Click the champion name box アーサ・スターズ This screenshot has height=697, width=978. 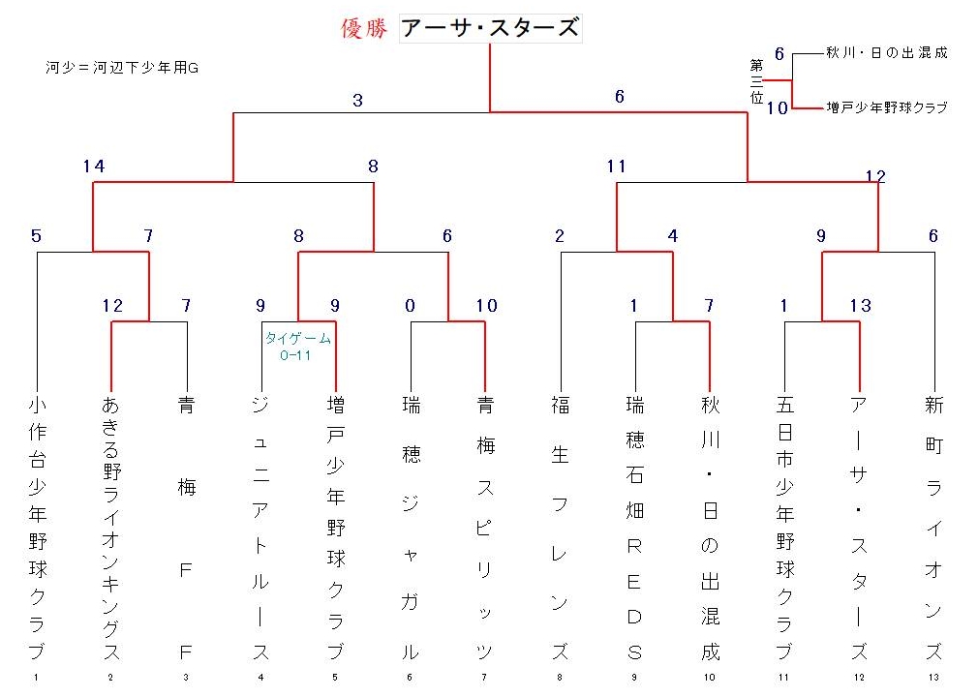490,29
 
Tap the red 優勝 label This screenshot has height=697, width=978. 364,28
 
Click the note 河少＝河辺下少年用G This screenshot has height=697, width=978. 122,68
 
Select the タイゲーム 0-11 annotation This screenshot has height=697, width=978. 297,347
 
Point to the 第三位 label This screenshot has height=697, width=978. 756,81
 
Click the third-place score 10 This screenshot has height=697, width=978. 778,108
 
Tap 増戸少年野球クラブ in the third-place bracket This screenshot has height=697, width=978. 886,107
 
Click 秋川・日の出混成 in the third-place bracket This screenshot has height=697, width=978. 886,53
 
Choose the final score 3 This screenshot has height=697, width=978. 357,101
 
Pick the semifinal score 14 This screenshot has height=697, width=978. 94,167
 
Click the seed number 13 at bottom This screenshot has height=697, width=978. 933,677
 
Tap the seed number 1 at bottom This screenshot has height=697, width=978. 36,677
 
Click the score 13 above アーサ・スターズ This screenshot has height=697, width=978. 860,306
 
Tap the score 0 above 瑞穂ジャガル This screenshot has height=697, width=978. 410,306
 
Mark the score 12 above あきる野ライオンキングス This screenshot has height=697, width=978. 113,306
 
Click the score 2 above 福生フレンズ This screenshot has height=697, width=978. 560,236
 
